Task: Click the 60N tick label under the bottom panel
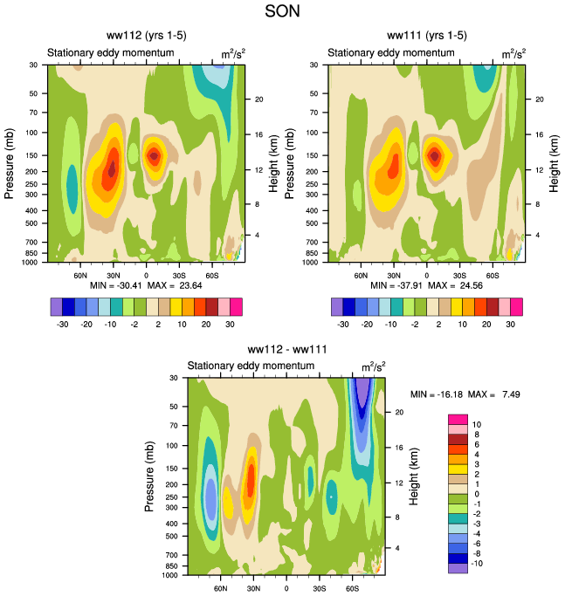click(x=221, y=588)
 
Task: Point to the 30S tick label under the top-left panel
click(x=178, y=274)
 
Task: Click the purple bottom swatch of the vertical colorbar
click(x=458, y=567)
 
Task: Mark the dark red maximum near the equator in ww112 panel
click(x=154, y=156)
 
